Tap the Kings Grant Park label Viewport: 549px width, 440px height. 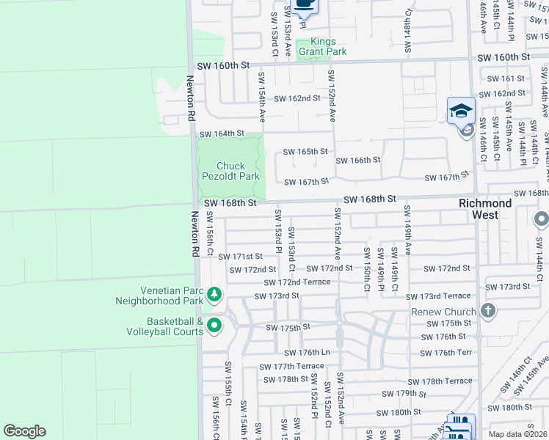click(x=328, y=47)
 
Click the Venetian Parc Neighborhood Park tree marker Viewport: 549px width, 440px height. click(x=214, y=296)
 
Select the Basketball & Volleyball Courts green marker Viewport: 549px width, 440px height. click(x=214, y=326)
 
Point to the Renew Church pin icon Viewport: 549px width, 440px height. click(x=489, y=311)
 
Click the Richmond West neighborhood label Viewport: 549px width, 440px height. click(x=485, y=209)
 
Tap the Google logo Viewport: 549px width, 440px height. click(x=24, y=431)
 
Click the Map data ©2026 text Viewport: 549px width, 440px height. click(x=517, y=434)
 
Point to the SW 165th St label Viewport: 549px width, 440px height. click(x=305, y=152)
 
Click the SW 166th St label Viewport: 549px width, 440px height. click(x=358, y=160)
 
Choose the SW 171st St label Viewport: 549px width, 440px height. click(x=240, y=257)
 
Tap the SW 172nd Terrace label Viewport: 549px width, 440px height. click(x=297, y=282)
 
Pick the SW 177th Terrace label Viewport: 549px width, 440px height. click(x=291, y=366)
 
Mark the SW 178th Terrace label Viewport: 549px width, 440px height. click(x=446, y=381)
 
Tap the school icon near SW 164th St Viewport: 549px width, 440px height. click(x=461, y=111)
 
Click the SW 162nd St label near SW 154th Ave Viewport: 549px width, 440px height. click(x=297, y=98)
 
